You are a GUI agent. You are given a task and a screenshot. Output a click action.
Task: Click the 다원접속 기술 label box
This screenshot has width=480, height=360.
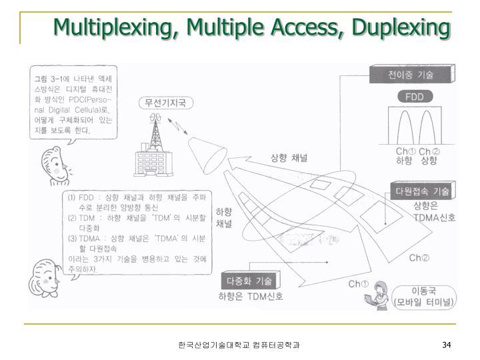pos(422,191)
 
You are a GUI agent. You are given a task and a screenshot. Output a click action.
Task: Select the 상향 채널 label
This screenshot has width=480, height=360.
pos(288,159)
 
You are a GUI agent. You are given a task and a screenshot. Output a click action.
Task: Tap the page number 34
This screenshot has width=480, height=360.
pos(447,345)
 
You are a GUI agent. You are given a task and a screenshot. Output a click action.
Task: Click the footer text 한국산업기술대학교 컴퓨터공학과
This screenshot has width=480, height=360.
pos(239,345)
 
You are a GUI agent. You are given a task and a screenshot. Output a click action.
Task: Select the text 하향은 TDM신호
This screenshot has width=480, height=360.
pos(251,296)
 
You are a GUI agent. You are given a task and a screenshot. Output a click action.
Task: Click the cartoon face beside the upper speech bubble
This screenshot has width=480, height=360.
pos(54,163)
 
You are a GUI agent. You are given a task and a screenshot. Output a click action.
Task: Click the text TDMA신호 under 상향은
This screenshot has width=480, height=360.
pos(434,217)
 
